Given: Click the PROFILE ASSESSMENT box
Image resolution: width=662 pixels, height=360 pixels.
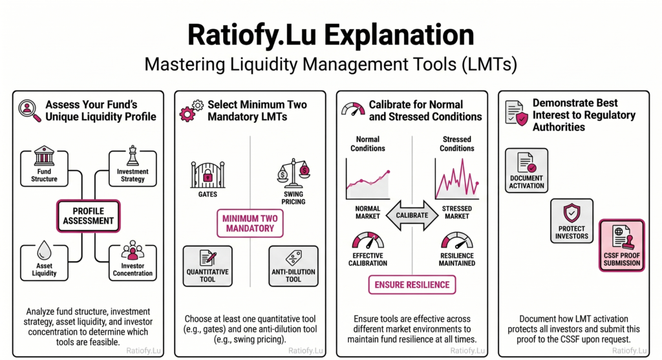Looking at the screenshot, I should [88, 216].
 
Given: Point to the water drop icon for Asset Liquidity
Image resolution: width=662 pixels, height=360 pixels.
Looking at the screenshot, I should [44, 251].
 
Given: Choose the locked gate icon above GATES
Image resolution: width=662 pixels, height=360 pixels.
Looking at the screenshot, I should [208, 175].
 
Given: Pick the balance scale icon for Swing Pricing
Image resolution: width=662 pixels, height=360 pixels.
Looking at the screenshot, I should [293, 173].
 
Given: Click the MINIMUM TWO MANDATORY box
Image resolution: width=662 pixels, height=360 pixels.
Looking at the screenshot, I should [250, 223].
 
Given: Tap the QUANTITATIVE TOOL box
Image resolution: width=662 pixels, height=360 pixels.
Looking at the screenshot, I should [208, 265].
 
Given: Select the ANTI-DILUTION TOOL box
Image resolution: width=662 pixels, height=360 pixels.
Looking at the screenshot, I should [293, 265].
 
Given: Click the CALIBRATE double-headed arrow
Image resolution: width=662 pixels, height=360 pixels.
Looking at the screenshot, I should [412, 216].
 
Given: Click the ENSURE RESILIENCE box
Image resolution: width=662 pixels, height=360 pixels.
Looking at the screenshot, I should [412, 284].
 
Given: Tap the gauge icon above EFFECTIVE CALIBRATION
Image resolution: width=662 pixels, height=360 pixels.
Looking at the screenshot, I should [368, 243].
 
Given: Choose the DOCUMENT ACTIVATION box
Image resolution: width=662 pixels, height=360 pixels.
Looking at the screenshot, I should [526, 170].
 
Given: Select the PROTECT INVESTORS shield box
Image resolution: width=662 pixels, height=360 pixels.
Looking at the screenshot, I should [573, 220].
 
